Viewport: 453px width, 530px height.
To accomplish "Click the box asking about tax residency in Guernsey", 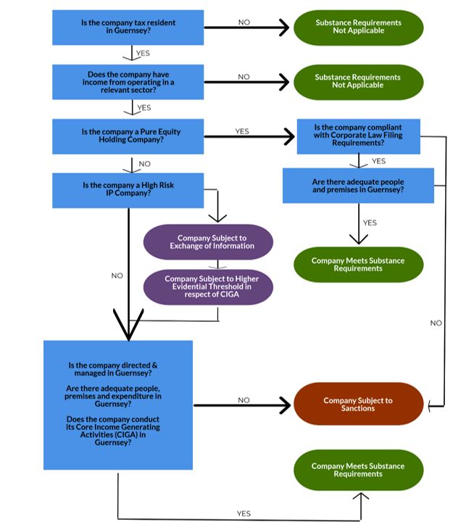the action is pyautogui.click(x=128, y=28).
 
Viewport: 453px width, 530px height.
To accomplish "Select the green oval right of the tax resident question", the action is pyautogui.click(x=359, y=28).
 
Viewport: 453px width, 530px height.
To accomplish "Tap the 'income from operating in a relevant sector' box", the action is pyautogui.click(x=128, y=82).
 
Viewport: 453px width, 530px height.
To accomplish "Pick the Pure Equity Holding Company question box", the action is pyautogui.click(x=128, y=136).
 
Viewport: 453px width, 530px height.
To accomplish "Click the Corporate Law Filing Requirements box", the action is pyautogui.click(x=359, y=136).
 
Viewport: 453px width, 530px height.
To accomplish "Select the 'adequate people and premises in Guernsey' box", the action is pyautogui.click(x=358, y=186).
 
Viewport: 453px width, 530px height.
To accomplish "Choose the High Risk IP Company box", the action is pyautogui.click(x=128, y=190).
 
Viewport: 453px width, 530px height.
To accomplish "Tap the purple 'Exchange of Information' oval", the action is pyautogui.click(x=208, y=242).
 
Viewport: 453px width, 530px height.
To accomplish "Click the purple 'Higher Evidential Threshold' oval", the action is pyautogui.click(x=208, y=287).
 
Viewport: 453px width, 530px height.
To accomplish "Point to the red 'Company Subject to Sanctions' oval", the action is pyautogui.click(x=359, y=404).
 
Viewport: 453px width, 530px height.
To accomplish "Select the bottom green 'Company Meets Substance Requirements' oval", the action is pyautogui.click(x=359, y=470).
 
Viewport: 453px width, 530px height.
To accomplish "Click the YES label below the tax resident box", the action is pyautogui.click(x=143, y=53).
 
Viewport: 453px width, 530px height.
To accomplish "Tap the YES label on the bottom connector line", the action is pyautogui.click(x=244, y=513).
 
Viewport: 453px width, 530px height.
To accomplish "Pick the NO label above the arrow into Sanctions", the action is pyautogui.click(x=244, y=400).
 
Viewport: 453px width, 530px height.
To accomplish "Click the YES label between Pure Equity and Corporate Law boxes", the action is pyautogui.click(x=242, y=131).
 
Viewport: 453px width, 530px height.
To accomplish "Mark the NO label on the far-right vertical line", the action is pyautogui.click(x=436, y=323).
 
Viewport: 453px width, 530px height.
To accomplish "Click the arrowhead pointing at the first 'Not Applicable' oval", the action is pyautogui.click(x=284, y=28).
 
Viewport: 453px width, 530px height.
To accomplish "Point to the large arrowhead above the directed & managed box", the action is pyautogui.click(x=129, y=325).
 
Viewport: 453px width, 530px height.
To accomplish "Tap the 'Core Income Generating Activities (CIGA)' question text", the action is pyautogui.click(x=113, y=431).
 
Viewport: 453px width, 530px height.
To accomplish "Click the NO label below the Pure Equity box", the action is pyautogui.click(x=144, y=164).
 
